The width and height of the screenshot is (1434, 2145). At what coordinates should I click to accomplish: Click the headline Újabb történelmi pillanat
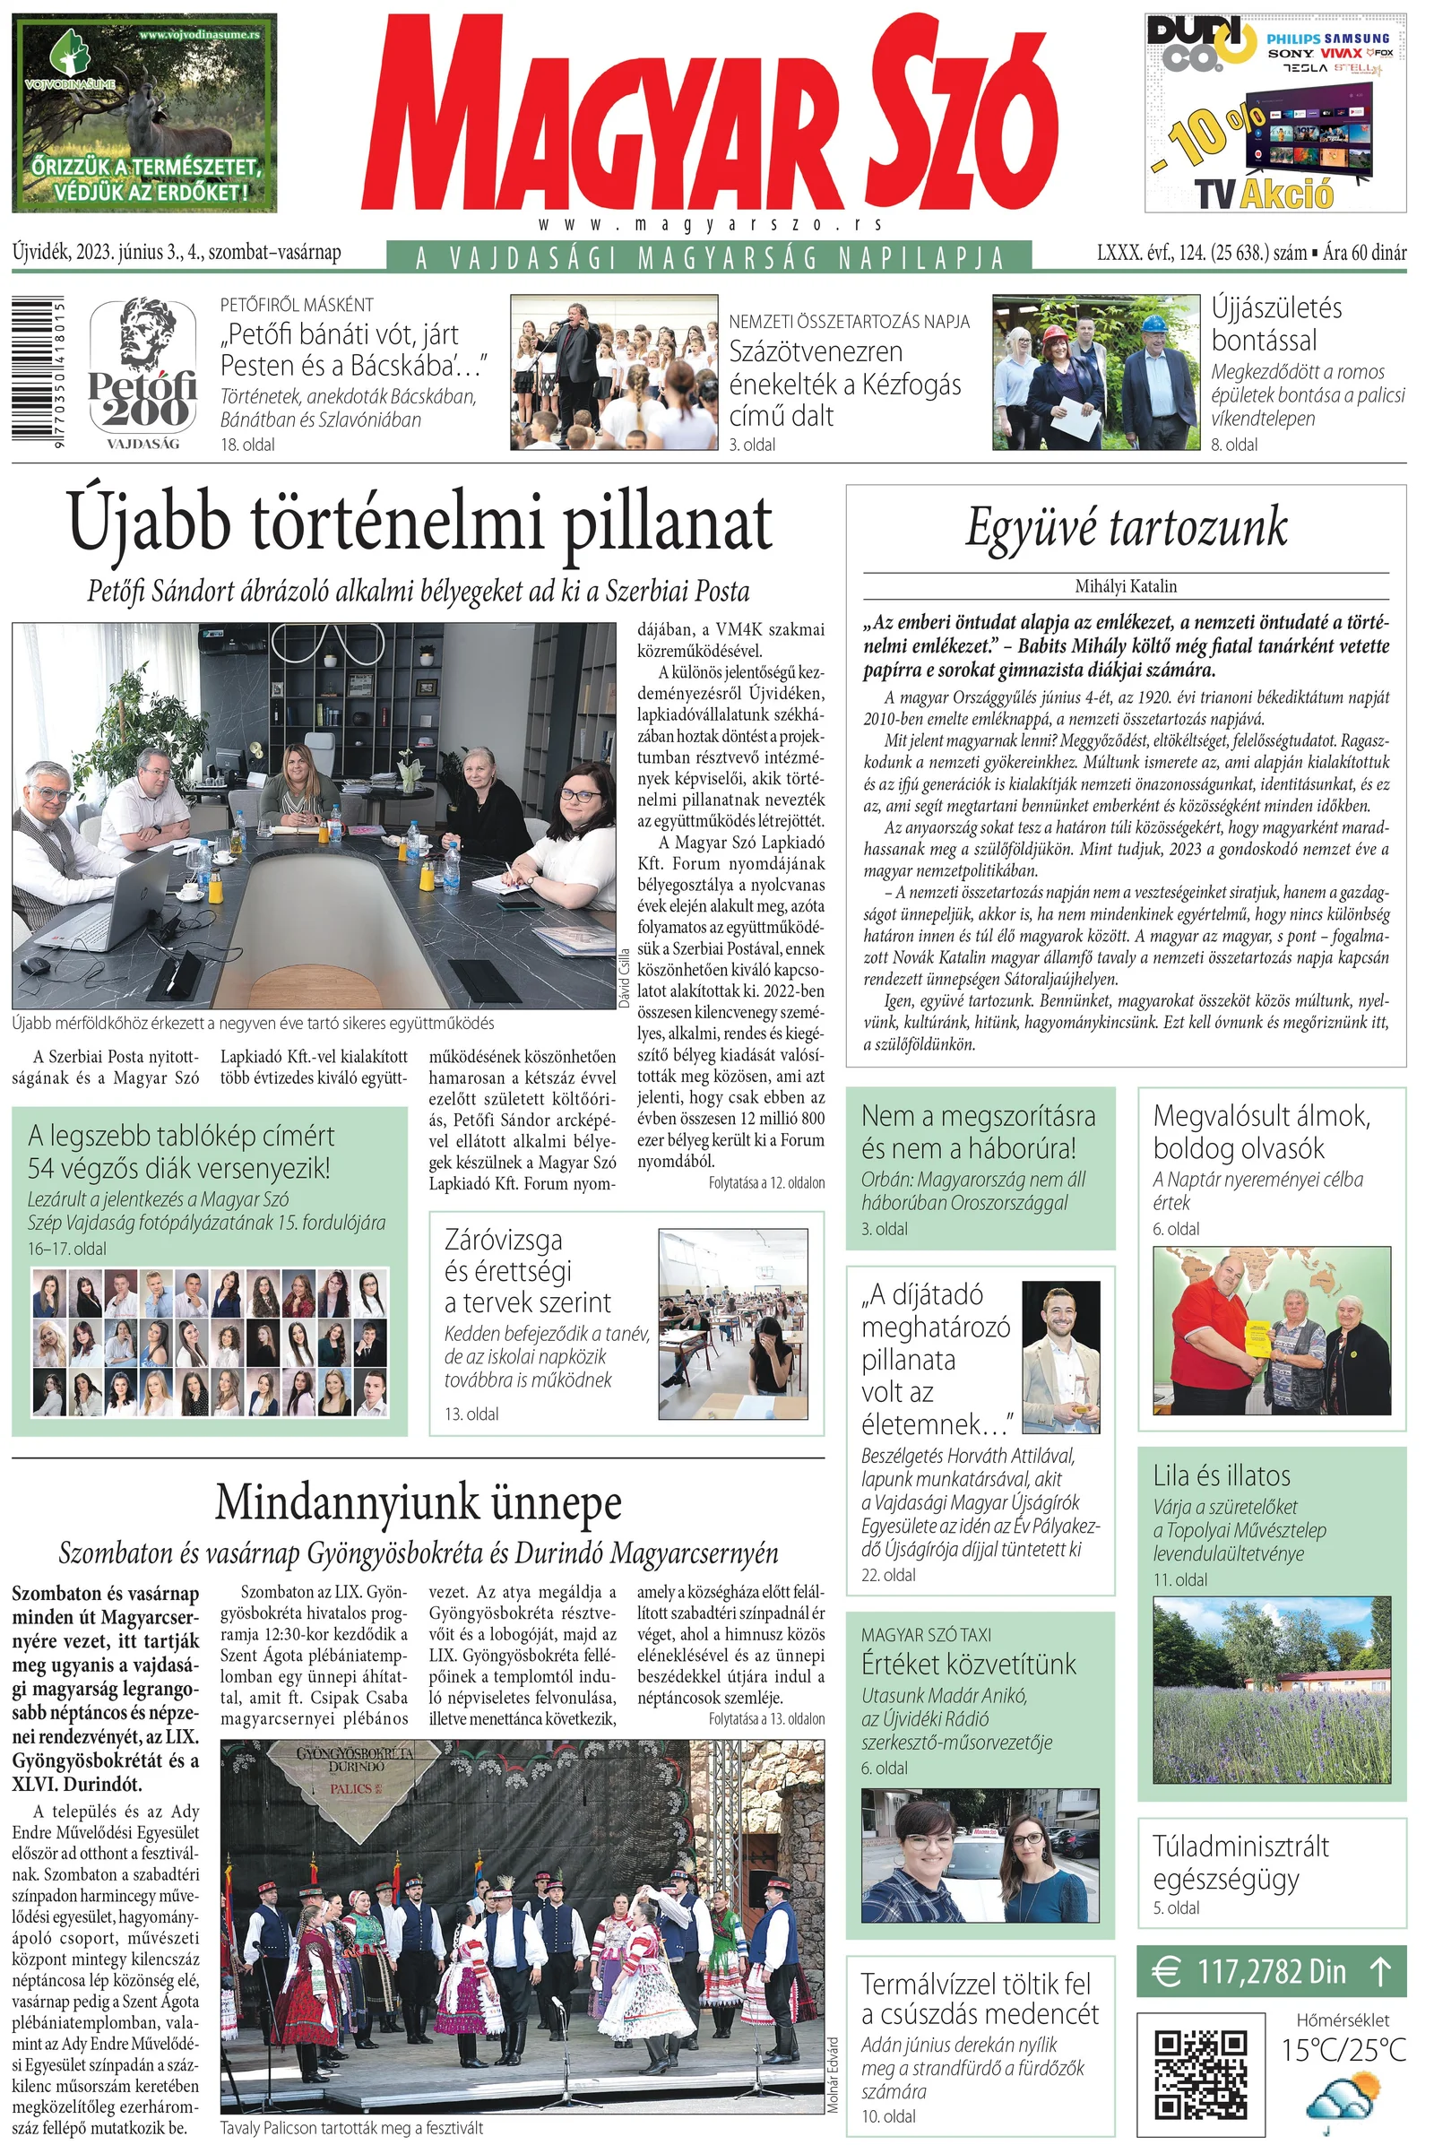pyautogui.click(x=419, y=524)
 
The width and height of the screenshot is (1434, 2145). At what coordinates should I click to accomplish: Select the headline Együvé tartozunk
pyautogui.click(x=1126, y=528)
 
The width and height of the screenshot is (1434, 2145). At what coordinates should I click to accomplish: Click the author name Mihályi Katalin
pyautogui.click(x=1126, y=586)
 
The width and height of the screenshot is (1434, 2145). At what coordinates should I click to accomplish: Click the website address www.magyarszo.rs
pyautogui.click(x=710, y=225)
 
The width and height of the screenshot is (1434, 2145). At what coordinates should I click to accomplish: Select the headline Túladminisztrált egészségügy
pyautogui.click(x=1241, y=1863)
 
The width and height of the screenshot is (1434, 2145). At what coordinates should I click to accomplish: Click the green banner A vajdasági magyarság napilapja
pyautogui.click(x=710, y=258)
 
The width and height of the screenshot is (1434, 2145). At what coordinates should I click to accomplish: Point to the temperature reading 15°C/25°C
pyautogui.click(x=1343, y=2050)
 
